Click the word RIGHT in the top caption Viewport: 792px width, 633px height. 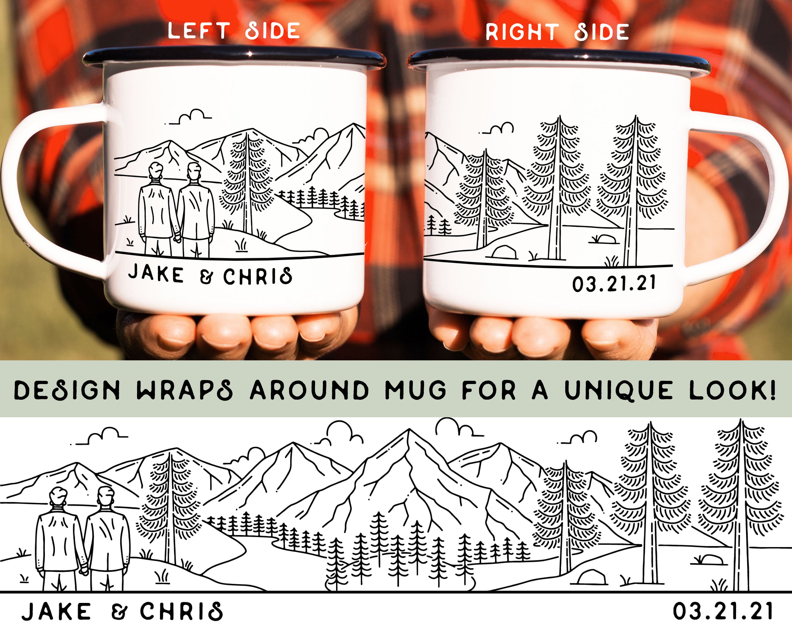pyautogui.click(x=522, y=32)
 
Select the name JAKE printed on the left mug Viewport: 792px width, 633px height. pyautogui.click(x=156, y=274)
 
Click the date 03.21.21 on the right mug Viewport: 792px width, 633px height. pyautogui.click(x=614, y=284)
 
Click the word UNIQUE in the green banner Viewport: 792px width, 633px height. pyautogui.click(x=618, y=390)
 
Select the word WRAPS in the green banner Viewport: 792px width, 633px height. pyautogui.click(x=185, y=390)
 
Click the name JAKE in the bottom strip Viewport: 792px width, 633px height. pyautogui.click(x=56, y=612)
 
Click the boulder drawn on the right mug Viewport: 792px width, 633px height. pyautogui.click(x=504, y=252)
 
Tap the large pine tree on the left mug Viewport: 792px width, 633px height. pyautogui.click(x=247, y=184)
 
